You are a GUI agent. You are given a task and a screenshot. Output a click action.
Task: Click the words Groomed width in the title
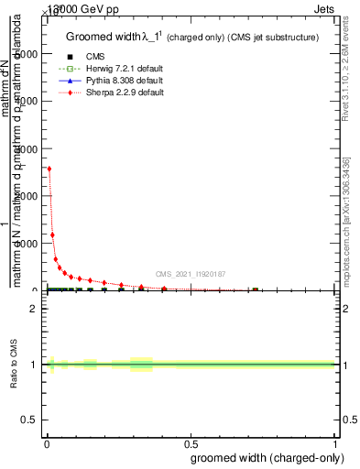107,37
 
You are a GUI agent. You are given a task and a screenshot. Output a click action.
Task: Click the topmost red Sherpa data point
49,169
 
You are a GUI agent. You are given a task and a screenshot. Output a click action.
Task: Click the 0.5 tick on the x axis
190,445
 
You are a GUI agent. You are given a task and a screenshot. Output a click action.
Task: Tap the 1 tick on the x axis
334,445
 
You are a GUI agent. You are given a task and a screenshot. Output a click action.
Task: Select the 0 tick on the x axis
46,445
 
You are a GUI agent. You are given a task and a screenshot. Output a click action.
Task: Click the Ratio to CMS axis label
14,365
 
